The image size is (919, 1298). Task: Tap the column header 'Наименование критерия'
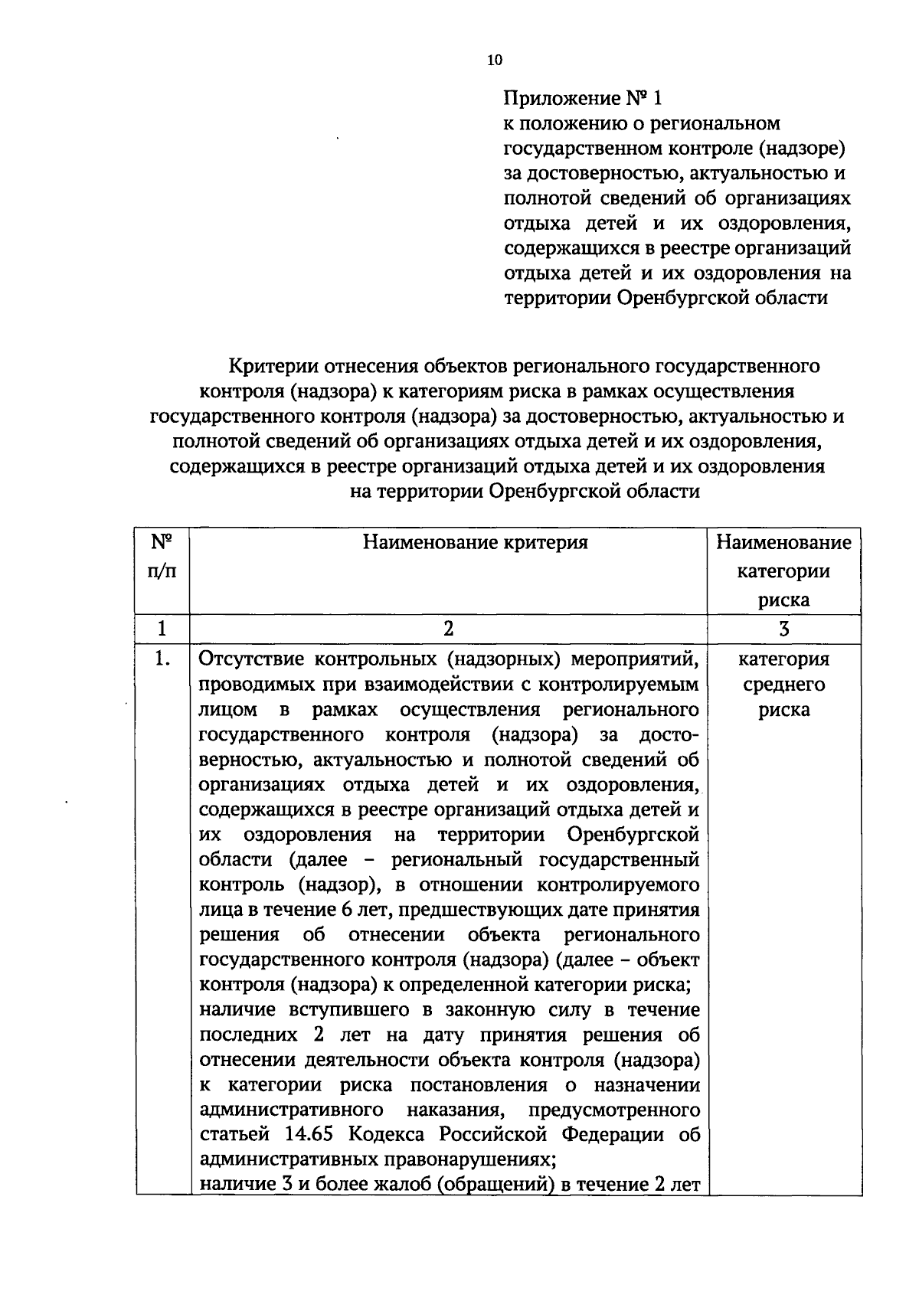click(475, 543)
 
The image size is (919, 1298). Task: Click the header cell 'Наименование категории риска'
click(783, 571)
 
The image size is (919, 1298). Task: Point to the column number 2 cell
click(448, 629)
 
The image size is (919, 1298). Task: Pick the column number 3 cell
click(783, 629)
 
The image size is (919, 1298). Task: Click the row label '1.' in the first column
click(162, 659)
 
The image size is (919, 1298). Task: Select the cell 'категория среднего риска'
click(783, 684)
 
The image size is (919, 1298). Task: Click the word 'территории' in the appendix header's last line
click(555, 298)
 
